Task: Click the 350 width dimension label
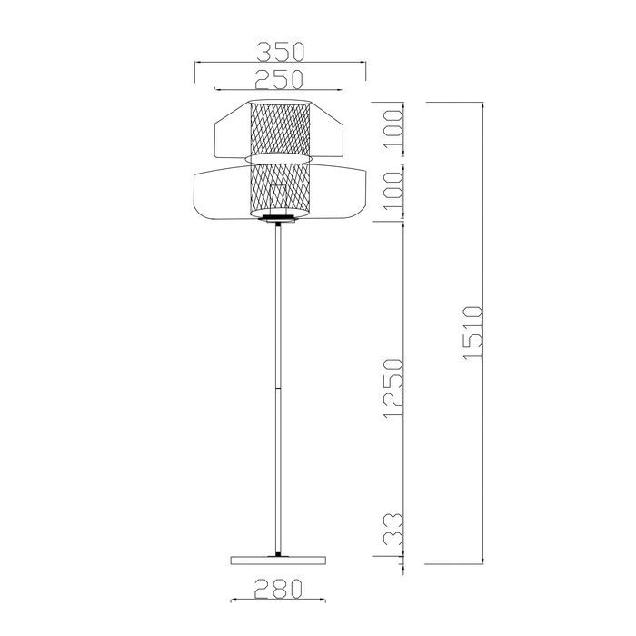click(x=280, y=52)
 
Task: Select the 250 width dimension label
click(x=279, y=79)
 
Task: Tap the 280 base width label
click(x=278, y=589)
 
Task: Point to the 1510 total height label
click(x=473, y=333)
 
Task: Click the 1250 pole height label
click(x=393, y=389)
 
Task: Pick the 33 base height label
click(x=393, y=529)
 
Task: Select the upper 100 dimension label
click(x=393, y=129)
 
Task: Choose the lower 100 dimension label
click(x=393, y=191)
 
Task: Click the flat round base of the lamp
click(x=278, y=561)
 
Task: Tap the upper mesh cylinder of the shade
click(x=280, y=128)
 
